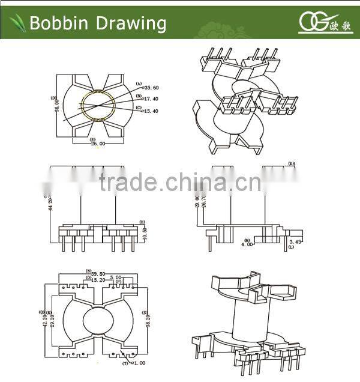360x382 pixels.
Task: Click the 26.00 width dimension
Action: tap(98, 144)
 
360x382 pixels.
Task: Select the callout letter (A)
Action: tap(139, 83)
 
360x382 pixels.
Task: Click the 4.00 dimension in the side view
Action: tap(247, 244)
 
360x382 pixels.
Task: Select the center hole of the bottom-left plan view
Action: tap(97, 320)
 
